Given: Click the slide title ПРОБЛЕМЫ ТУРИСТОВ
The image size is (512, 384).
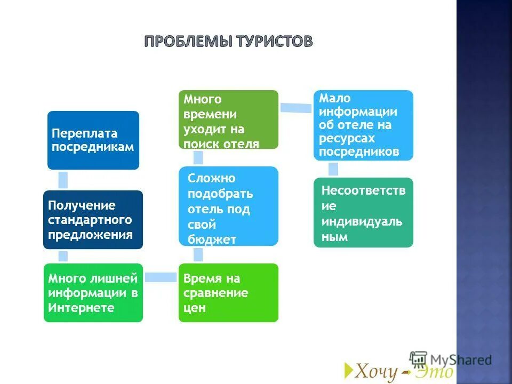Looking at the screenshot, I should click(x=228, y=42).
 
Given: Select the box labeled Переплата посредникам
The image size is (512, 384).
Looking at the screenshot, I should click(x=93, y=140).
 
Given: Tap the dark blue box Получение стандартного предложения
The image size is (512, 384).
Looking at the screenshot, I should click(x=93, y=219).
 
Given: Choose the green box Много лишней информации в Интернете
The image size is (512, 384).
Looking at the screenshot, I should click(x=93, y=292).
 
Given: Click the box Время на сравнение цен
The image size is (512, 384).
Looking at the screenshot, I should click(x=228, y=292).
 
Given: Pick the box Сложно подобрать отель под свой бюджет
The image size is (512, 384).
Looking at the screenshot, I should click(x=228, y=206).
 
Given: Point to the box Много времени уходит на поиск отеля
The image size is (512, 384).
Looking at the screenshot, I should click(x=228, y=119).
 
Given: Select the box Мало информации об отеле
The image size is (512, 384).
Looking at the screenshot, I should click(x=363, y=125).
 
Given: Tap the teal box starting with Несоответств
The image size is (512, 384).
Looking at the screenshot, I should click(x=363, y=212).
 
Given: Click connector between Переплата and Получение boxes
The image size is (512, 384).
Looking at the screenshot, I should click(x=63, y=180).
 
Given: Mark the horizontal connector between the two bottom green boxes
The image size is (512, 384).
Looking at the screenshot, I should click(x=161, y=277).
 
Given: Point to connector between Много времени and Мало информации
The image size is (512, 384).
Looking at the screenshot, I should click(x=296, y=107).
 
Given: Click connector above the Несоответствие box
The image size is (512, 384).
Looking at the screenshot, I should click(x=333, y=169).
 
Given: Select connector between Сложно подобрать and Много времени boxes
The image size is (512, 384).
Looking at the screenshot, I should click(x=198, y=157).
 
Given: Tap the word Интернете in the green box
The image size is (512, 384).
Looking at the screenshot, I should click(x=81, y=308).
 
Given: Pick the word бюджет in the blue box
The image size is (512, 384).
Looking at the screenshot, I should click(x=212, y=239).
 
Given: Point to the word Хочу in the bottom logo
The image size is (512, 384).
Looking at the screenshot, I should click(x=377, y=371).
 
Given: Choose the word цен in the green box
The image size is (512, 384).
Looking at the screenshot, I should click(x=194, y=308).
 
